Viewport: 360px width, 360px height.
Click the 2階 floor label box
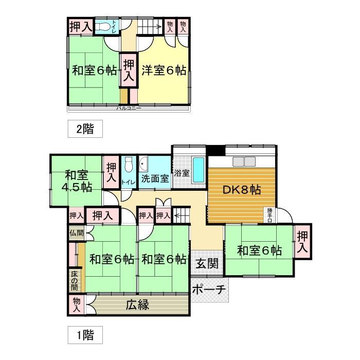[85, 129]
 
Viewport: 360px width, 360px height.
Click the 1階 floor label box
[85, 336]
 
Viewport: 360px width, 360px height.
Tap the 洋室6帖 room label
[164, 70]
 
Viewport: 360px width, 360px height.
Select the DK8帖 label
[242, 190]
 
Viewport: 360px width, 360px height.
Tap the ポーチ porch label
[209, 290]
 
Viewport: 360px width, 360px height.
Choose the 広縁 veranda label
[137, 304]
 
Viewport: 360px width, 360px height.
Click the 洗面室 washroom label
[155, 179]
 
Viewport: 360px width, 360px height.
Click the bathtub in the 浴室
[199, 169]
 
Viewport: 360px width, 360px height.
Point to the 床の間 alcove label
[75, 279]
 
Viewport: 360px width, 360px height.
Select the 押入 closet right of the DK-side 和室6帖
[303, 242]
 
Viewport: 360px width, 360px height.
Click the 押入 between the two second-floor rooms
[129, 71]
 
